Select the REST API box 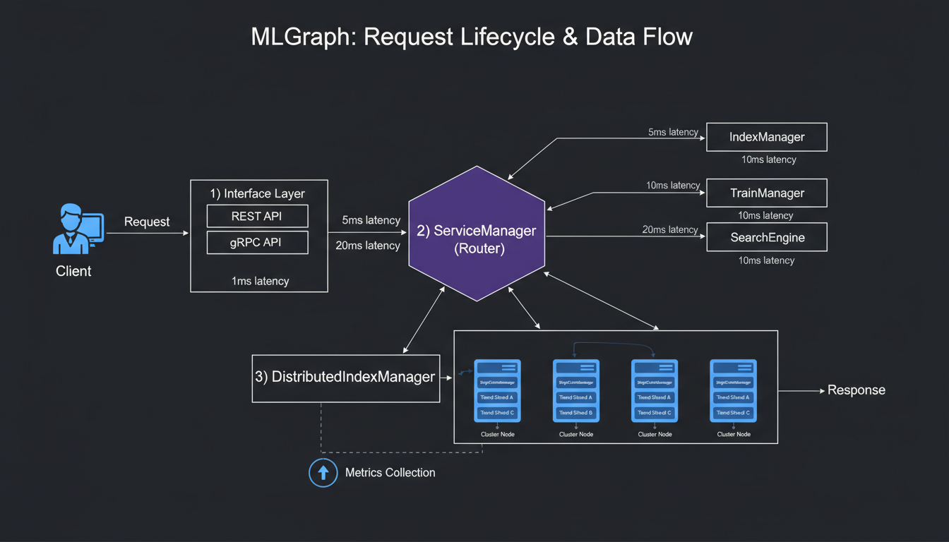coord(257,217)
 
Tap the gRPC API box coord(257,242)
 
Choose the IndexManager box coord(766,137)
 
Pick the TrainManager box coord(766,193)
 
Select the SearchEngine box coord(766,238)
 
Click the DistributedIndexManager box coord(345,378)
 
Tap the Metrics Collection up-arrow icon coord(323,473)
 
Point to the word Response coord(856,390)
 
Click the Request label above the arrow coord(147,222)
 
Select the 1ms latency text coord(260,281)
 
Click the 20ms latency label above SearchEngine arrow coord(670,229)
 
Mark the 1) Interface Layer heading coord(258,193)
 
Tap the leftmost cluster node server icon coord(497,391)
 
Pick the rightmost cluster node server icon coord(733,391)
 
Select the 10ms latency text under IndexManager coord(768,159)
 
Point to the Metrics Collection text coord(390,473)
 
